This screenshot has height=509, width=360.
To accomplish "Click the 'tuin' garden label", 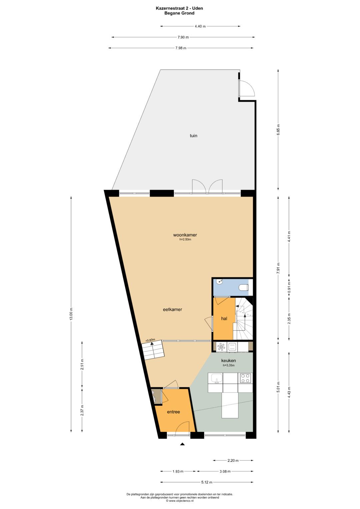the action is [193, 136].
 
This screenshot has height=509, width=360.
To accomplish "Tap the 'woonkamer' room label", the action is [185, 235].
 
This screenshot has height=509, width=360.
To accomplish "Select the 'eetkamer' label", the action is [173, 309].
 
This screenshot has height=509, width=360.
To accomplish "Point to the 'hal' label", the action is [224, 318].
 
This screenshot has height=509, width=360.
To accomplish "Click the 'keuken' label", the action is [228, 360].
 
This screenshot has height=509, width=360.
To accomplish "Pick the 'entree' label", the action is [173, 412].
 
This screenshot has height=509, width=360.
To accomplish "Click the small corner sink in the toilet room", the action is [220, 282].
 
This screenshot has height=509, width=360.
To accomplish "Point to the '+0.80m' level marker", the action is [150, 340].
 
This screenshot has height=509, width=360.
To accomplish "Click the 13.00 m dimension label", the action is [71, 314].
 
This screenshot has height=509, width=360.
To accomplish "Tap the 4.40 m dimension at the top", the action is [200, 26].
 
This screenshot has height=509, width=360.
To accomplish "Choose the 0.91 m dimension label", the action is [289, 287].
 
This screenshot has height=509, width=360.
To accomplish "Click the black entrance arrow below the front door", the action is [182, 444].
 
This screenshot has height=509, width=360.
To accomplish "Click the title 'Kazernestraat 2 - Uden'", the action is [179, 8].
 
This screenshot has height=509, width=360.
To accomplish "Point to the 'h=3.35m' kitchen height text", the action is [228, 365].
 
